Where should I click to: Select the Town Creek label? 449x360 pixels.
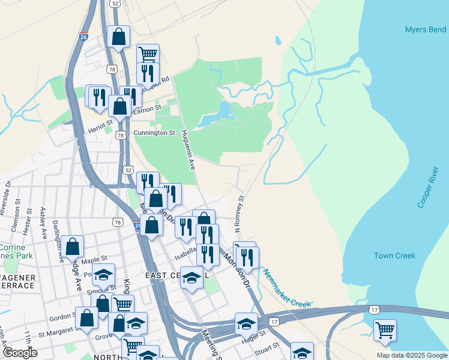[x=394, y=256]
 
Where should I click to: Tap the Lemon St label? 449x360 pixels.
[x=148, y=109]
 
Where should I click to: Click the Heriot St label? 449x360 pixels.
[x=100, y=123]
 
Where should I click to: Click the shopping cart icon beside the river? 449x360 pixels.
[x=384, y=329]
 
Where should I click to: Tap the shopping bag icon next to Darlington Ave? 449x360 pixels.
[x=72, y=245]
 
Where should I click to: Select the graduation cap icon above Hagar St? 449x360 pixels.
[x=246, y=323]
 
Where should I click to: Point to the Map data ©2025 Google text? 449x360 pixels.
[x=411, y=355]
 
